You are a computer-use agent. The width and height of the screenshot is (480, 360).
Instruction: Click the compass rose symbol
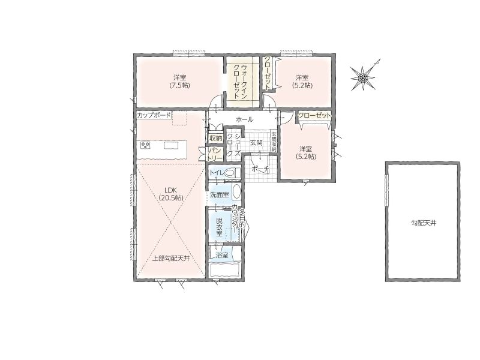[363, 78]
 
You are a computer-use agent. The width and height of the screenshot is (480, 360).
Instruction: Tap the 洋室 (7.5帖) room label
[179, 82]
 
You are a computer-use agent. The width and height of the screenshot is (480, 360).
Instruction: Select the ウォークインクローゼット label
[241, 82]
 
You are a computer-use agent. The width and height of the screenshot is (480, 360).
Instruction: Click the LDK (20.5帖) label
[171, 194]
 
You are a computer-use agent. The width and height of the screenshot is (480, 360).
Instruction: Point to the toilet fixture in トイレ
[233, 173]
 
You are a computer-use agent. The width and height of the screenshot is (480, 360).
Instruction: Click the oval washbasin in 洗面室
[236, 192]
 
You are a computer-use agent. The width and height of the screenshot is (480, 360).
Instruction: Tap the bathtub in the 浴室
[225, 271]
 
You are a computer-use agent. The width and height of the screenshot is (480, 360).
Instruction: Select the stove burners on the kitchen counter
[145, 145]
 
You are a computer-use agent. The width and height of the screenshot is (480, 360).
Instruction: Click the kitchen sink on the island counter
[170, 145]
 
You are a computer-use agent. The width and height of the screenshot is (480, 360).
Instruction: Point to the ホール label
[244, 119]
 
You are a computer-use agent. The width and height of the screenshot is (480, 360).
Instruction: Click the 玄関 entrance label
[256, 142]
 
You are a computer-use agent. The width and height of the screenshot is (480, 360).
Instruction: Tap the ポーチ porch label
[260, 169]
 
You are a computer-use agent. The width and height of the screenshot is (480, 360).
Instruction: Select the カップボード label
[154, 115]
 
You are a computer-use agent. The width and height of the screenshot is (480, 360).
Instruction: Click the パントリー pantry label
[215, 154]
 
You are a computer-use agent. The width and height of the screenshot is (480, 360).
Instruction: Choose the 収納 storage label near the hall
[215, 138]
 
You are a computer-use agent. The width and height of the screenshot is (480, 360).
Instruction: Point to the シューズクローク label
[234, 146]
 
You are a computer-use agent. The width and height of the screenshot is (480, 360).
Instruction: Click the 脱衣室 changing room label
[219, 227]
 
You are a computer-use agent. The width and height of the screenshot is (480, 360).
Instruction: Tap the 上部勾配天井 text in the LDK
[171, 259]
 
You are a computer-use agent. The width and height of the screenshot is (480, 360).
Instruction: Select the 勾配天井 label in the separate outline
[424, 223]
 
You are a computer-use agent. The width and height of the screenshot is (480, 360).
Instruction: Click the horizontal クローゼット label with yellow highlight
[314, 115]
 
